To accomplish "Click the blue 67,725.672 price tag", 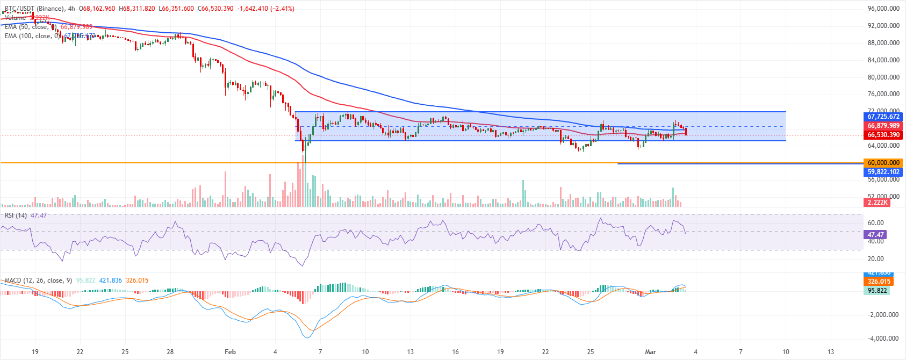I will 883,117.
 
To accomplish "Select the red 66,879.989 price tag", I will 883,126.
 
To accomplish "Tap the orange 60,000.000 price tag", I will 883,163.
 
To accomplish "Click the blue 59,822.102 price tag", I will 883,172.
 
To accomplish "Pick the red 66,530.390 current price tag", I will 883,135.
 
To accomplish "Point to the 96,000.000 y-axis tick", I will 883,9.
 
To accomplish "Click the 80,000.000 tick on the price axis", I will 883,77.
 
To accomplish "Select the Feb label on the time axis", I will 230,352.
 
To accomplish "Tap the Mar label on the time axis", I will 650,352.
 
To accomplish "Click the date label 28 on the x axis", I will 170,352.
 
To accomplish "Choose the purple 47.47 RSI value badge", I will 875,235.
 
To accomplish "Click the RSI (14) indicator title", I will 16,215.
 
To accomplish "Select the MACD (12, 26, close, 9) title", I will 38,280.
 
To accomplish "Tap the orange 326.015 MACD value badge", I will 879,282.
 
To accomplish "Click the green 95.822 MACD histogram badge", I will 877,291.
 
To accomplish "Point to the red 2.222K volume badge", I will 877,202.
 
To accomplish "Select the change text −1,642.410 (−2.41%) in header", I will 266,9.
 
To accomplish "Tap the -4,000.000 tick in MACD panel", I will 883,339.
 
